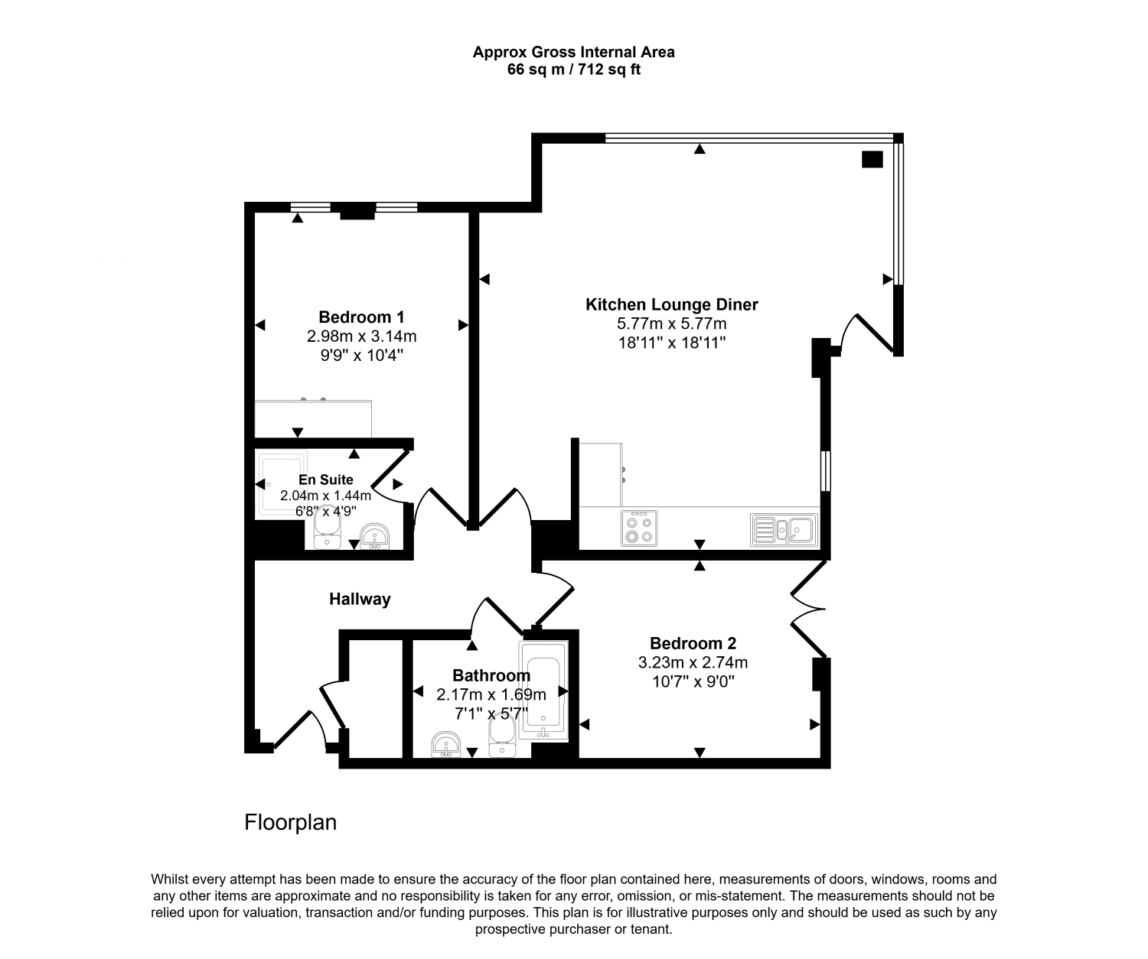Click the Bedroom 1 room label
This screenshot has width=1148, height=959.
(361, 317)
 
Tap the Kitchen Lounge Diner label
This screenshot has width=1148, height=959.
(671, 304)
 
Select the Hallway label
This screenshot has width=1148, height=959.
(360, 600)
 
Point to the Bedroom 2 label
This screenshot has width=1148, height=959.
(693, 643)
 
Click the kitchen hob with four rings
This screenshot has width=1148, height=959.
(639, 528)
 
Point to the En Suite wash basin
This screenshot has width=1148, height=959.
(374, 536)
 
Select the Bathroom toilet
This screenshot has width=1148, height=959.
(502, 739)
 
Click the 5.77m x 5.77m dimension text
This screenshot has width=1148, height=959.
(671, 323)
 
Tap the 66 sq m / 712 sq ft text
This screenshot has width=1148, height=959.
(573, 70)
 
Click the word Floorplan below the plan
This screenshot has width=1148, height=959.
(290, 823)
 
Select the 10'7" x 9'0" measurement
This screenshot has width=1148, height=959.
(693, 681)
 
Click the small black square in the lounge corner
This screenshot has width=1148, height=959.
(872, 159)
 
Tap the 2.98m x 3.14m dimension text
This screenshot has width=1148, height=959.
(361, 336)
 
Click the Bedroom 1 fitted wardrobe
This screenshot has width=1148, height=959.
(313, 418)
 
